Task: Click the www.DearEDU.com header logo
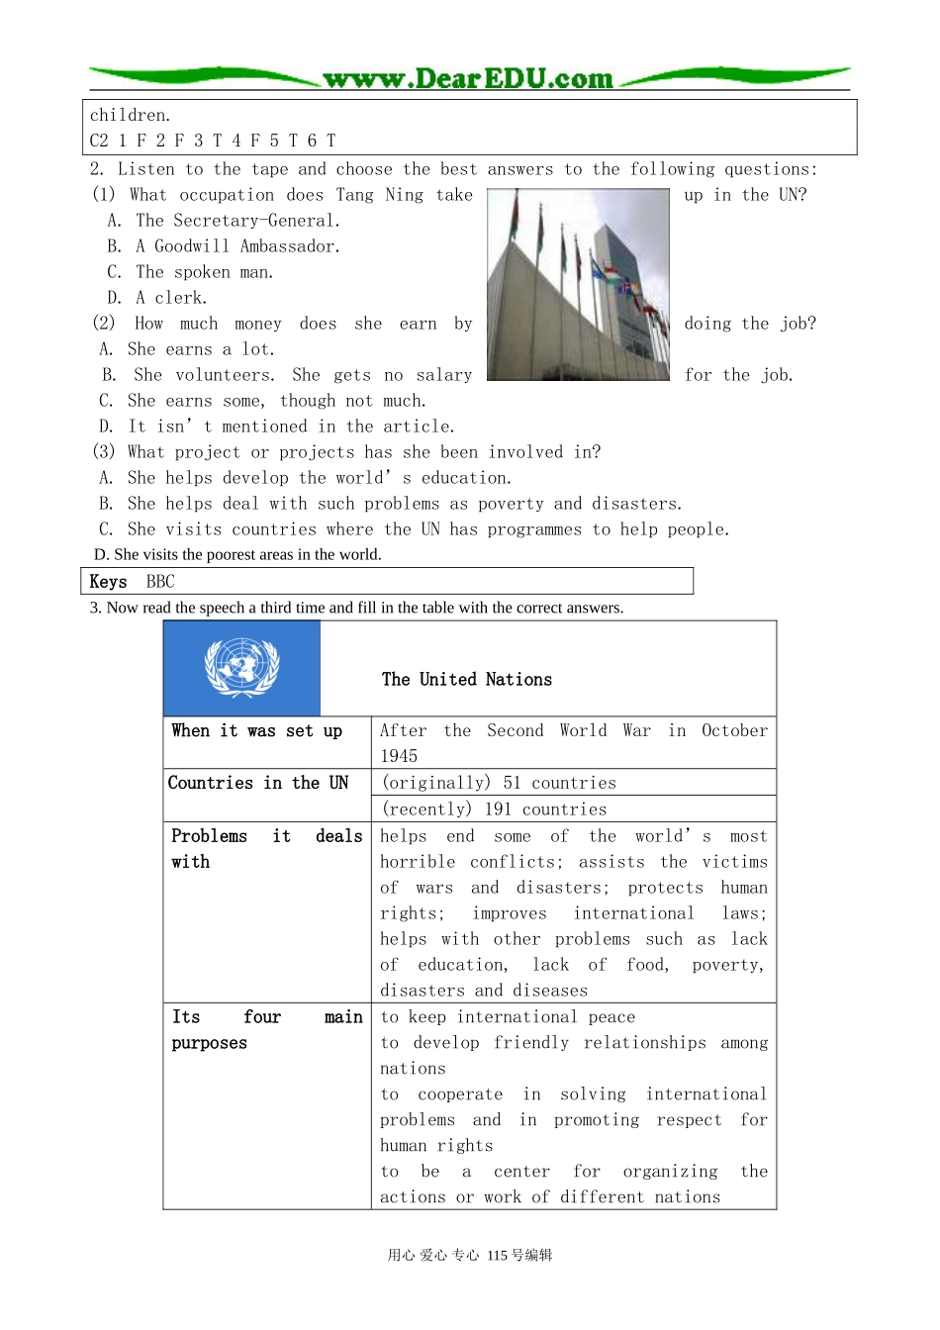[x=468, y=78]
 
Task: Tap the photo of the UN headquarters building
[x=578, y=285]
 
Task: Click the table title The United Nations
[x=467, y=680]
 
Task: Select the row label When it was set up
[x=256, y=731]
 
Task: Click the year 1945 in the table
[x=399, y=756]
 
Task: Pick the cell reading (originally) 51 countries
[x=499, y=783]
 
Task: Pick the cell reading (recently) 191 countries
[x=494, y=809]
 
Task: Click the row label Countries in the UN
[x=258, y=783]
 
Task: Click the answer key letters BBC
[x=160, y=582]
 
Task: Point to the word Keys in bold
[x=108, y=582]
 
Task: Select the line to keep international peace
[x=508, y=1017]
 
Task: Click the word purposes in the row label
[x=209, y=1043]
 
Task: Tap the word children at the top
[x=130, y=115]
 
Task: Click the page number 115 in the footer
[x=497, y=1255]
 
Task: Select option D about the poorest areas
[x=237, y=554]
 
